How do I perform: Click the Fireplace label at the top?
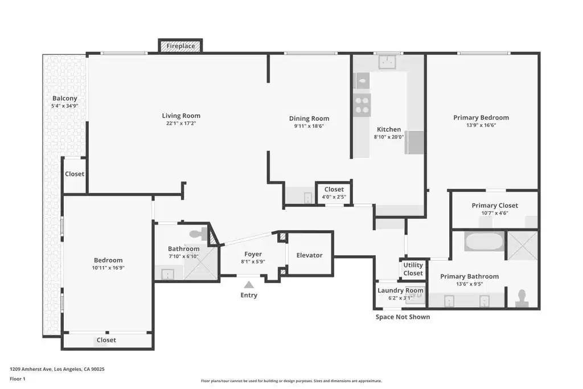(180, 46)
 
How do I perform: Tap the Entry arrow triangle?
(249, 285)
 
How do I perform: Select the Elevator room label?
(309, 255)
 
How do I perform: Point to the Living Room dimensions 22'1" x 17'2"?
(181, 123)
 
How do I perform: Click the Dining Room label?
(309, 118)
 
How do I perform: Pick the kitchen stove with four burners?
(362, 104)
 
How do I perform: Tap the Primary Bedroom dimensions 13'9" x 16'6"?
(481, 125)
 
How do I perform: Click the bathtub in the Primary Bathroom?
(484, 241)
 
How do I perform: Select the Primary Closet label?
(495, 205)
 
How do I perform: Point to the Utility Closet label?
(413, 269)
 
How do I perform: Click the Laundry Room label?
(400, 290)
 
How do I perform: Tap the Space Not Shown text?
(403, 317)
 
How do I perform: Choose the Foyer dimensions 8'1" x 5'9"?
(253, 261)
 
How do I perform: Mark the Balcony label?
(65, 98)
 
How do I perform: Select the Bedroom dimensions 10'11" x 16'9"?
(108, 267)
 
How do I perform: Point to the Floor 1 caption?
(18, 379)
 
